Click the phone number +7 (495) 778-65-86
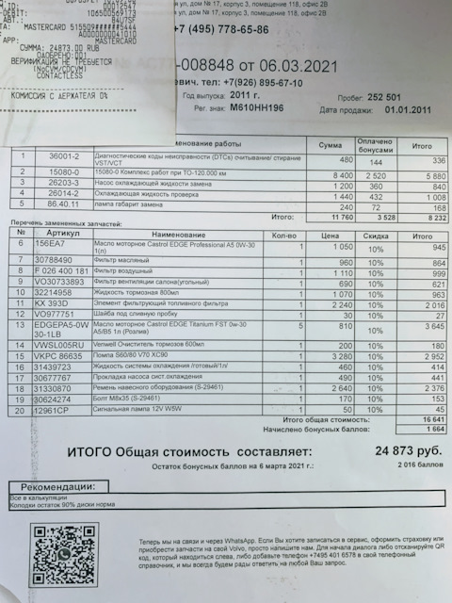coord(221,30)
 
